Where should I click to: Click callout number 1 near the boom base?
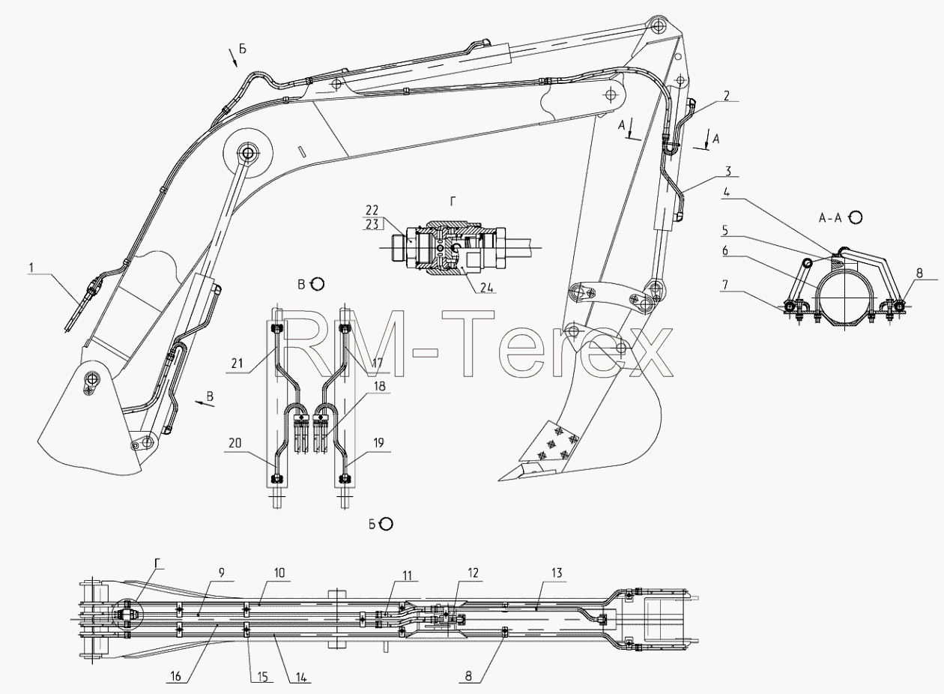click(x=31, y=268)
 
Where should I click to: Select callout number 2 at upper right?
click(x=727, y=96)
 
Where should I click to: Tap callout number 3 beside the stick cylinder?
click(x=728, y=171)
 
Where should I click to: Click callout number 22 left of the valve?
click(x=372, y=210)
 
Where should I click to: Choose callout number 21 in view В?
click(x=237, y=363)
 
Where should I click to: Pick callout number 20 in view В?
click(x=235, y=443)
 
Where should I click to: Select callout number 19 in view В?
click(x=378, y=443)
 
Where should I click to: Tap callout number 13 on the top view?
click(x=557, y=573)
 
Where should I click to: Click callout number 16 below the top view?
click(x=175, y=676)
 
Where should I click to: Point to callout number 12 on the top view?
click(x=473, y=573)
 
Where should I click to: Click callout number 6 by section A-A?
click(x=725, y=250)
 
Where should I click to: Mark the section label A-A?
click(x=830, y=217)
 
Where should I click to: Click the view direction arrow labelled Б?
click(x=233, y=58)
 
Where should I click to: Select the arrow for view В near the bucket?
click(x=205, y=404)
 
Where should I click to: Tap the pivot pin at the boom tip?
click(x=658, y=26)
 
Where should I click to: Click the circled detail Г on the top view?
click(x=127, y=615)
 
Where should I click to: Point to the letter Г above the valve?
click(x=453, y=202)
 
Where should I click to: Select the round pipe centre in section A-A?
click(x=844, y=298)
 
